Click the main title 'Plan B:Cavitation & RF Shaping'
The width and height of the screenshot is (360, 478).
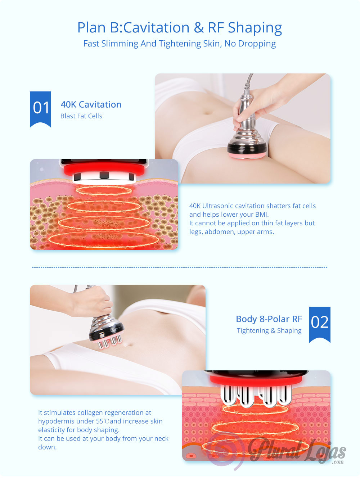180,28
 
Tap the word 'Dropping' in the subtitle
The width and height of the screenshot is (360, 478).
257,44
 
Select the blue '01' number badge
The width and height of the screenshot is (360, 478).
40,109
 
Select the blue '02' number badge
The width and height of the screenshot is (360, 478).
320,324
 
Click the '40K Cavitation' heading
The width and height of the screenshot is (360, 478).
91,104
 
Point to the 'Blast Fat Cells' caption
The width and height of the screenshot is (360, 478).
81,116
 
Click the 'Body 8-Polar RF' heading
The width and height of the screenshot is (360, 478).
269,319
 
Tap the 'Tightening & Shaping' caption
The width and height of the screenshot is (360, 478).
269,330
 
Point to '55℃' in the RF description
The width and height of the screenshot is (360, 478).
103,421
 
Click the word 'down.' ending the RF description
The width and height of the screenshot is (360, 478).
47,447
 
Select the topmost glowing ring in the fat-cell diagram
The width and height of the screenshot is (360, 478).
104,191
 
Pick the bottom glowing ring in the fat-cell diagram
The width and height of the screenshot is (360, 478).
104,240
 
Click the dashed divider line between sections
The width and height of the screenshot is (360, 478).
180,267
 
